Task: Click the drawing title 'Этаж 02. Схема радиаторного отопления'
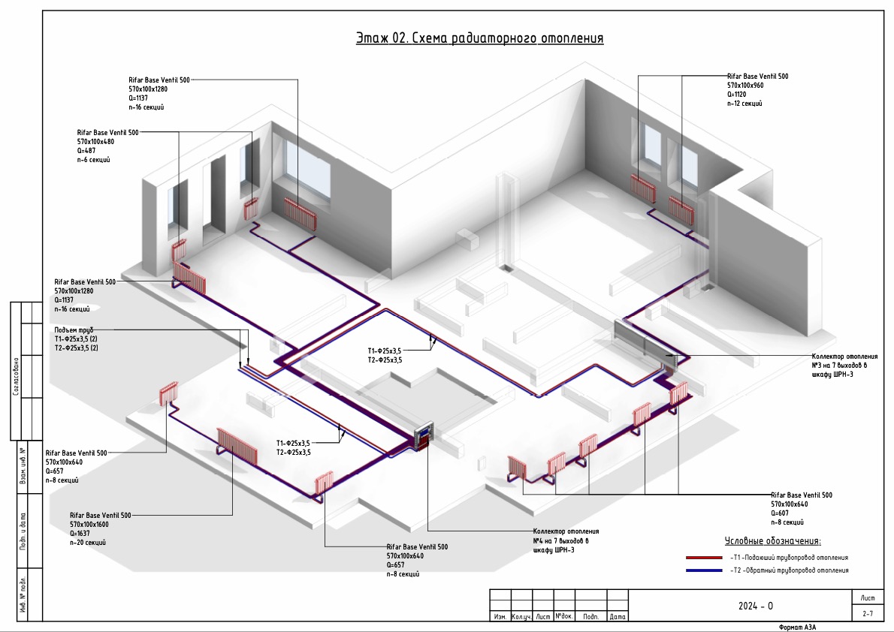tap(479, 38)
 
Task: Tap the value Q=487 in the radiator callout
tap(87, 150)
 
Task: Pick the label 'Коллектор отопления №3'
tap(844, 357)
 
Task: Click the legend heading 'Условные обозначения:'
tap(773, 540)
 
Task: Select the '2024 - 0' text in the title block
tap(755, 606)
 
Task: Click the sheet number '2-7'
tap(868, 614)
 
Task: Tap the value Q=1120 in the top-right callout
tap(739, 95)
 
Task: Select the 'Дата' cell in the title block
tap(618, 617)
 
